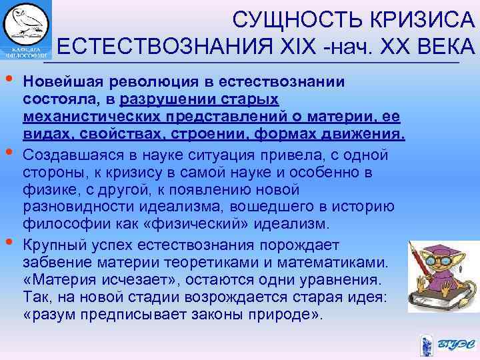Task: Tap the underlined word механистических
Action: (85, 117)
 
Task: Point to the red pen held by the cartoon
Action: (420, 254)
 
